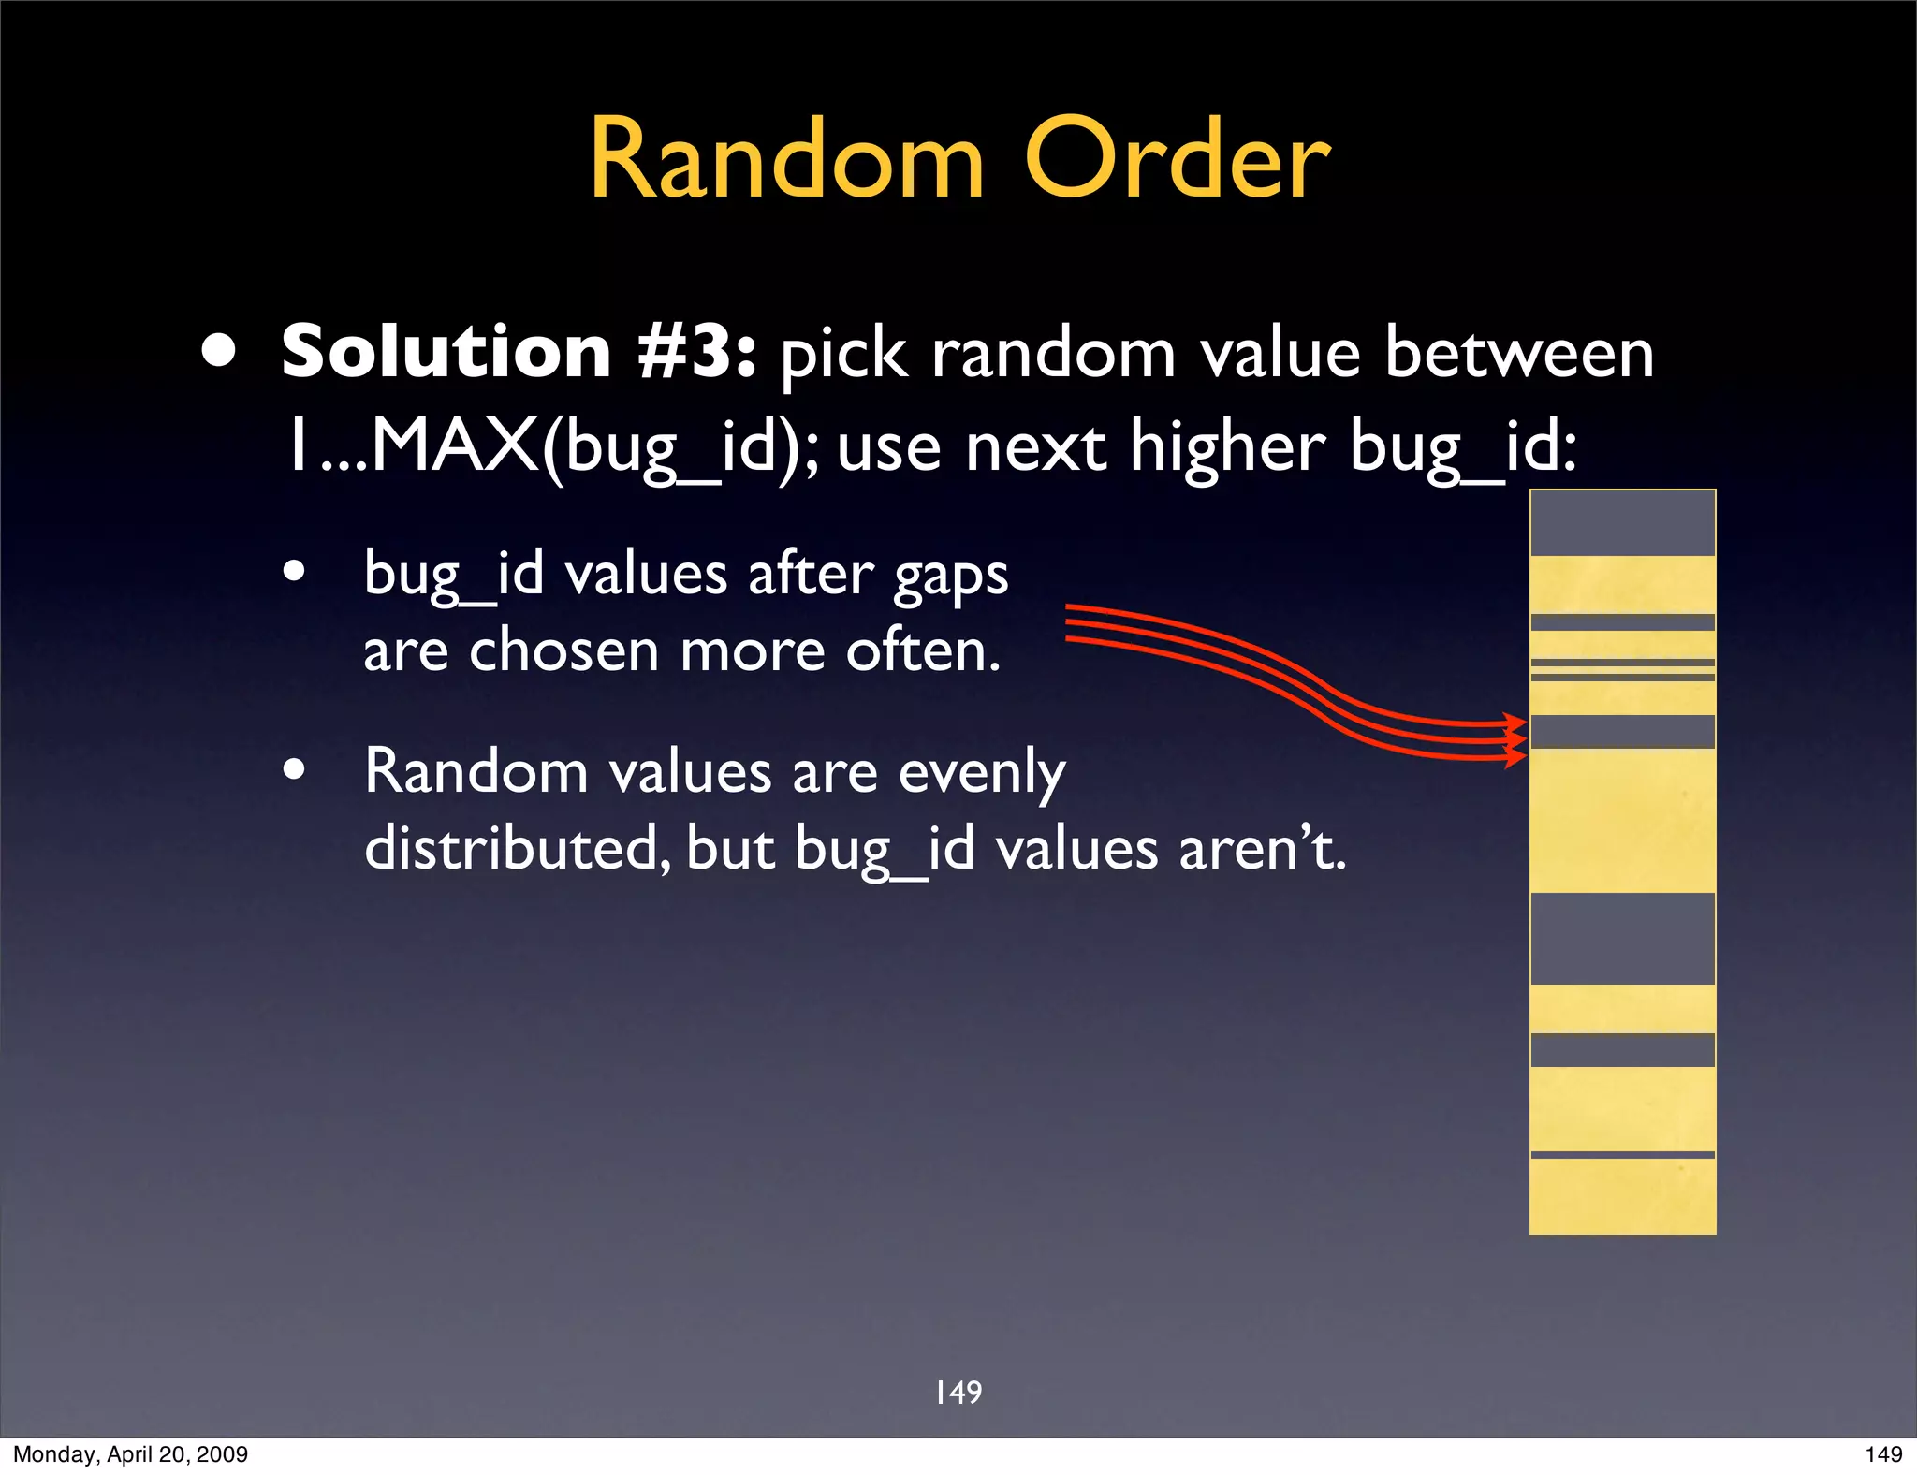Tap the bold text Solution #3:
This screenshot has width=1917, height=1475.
[518, 352]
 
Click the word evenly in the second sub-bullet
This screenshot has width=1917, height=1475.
[982, 773]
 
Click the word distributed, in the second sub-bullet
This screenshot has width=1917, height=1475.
[517, 848]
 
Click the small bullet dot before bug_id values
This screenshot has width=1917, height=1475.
[295, 571]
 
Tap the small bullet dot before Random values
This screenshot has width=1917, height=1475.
[295, 770]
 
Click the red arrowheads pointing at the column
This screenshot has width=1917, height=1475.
[1513, 739]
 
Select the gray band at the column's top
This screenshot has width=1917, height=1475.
[1622, 523]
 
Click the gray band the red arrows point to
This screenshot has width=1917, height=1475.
[1622, 732]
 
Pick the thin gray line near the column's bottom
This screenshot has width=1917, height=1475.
[1622, 1155]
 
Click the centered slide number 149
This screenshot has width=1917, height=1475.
[958, 1393]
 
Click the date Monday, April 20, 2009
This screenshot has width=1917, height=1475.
[130, 1454]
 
